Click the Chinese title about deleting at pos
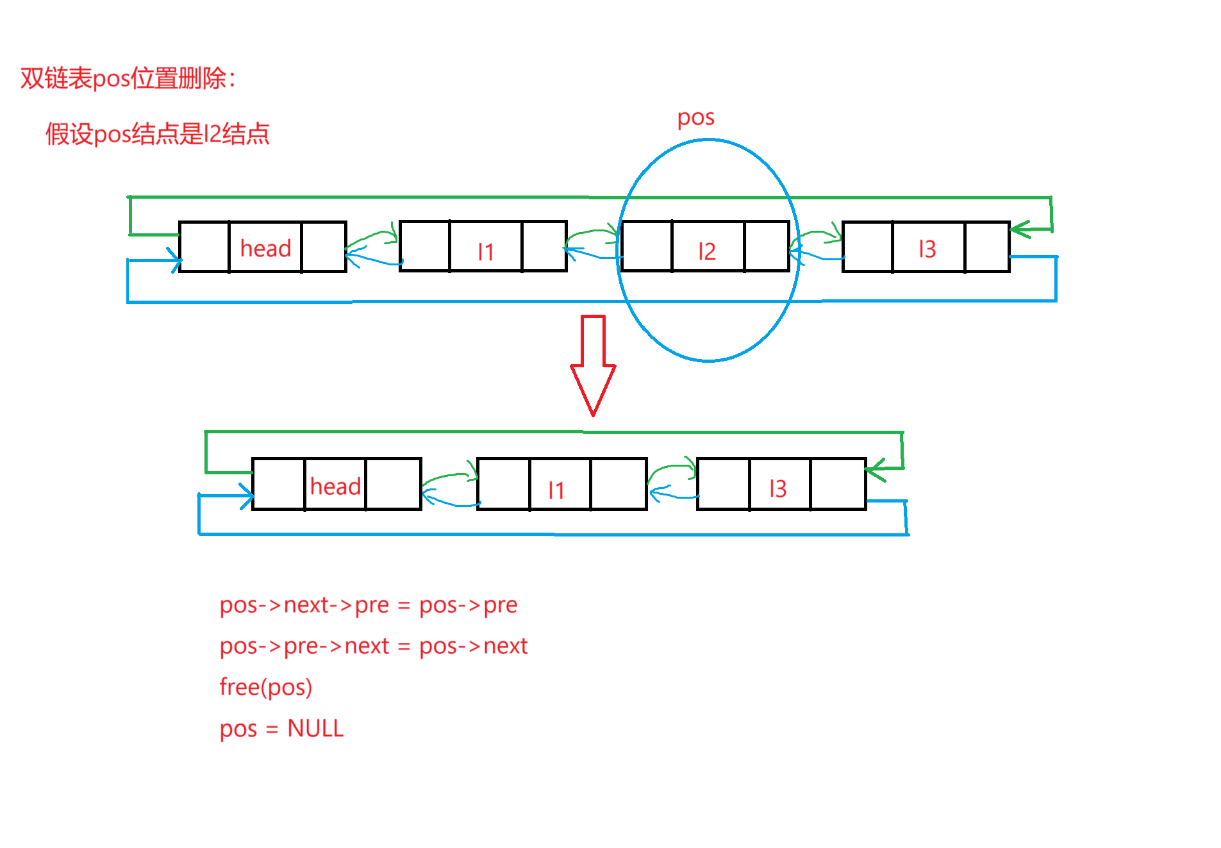[128, 79]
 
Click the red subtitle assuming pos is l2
[157, 134]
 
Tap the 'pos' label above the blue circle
[695, 118]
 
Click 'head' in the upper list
[265, 248]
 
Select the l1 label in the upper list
[485, 251]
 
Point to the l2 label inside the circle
[706, 251]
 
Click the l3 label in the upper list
[927, 249]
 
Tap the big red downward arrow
[593, 365]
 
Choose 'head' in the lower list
[335, 486]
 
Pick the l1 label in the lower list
[556, 490]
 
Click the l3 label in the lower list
[777, 489]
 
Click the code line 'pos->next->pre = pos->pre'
[368, 605]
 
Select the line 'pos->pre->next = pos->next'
[373, 646]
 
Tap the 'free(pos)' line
[265, 687]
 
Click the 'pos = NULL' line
[281, 729]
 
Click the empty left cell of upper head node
[204, 247]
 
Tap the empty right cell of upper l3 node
[986, 247]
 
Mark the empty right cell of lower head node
[393, 485]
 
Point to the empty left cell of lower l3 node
[723, 485]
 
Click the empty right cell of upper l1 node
[544, 247]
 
